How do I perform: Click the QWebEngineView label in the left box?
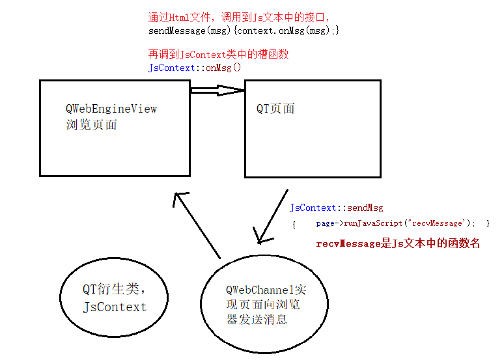click(111, 109)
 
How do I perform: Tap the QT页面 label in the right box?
click(275, 109)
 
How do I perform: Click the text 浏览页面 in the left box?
click(91, 124)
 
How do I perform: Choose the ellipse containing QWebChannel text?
click(262, 305)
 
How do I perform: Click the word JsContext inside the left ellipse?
click(115, 307)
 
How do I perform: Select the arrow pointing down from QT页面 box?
click(272, 217)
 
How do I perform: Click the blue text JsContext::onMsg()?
click(195, 67)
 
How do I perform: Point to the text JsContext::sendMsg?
click(336, 208)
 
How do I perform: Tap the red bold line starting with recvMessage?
click(398, 243)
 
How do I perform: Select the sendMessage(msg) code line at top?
click(244, 30)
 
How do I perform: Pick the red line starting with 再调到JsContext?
click(219, 55)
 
